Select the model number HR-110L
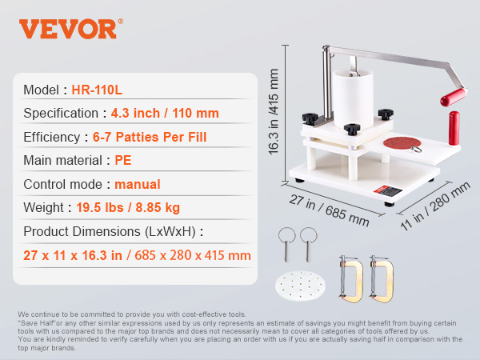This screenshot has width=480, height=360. pos(97,90)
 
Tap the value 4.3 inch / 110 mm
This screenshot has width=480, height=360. pos(165,114)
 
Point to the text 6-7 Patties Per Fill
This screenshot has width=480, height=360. pos(150,137)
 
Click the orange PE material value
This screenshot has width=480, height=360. pos(122,161)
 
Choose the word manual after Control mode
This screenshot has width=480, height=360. pos(138,184)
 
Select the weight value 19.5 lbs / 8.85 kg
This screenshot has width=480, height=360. pos(128,207)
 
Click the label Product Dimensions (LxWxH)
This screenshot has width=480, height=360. pos(110,231)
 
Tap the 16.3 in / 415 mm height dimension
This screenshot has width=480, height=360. pos(274,111)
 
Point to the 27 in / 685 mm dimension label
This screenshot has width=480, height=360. pos(329,210)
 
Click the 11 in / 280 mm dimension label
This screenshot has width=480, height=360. pos(435,206)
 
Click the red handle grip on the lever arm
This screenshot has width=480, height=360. pos(454,97)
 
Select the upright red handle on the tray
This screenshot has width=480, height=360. pos(454,128)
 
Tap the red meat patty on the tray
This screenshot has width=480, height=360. pos(402,142)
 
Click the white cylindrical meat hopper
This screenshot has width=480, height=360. pos(353,99)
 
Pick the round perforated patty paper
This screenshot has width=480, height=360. pos(300,286)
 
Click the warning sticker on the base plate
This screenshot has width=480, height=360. pos(387,191)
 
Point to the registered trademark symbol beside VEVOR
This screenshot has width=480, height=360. pos(120,21)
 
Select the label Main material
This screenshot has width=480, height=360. pos(62,161)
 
